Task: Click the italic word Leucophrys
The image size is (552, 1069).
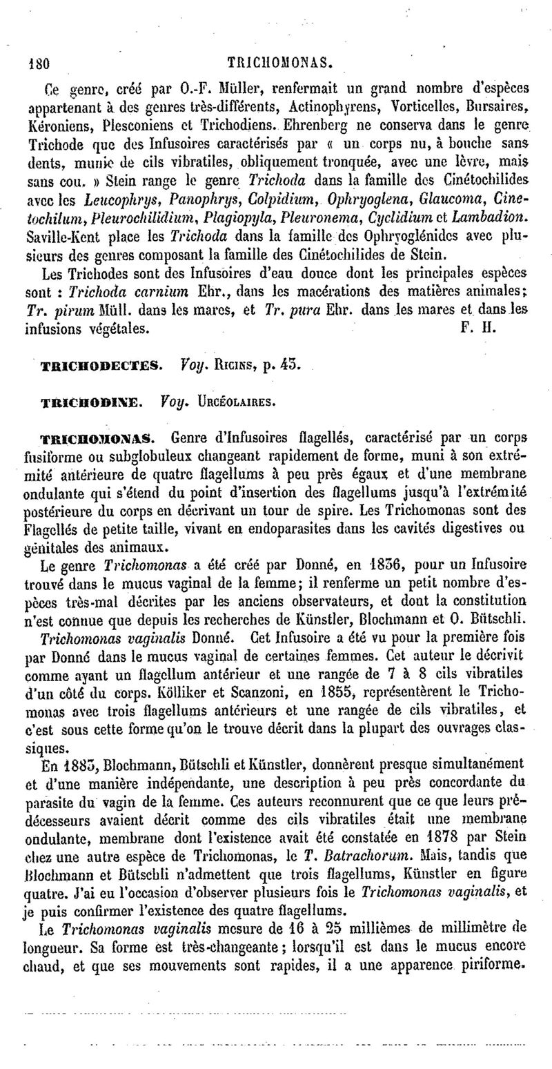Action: [112, 200]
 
